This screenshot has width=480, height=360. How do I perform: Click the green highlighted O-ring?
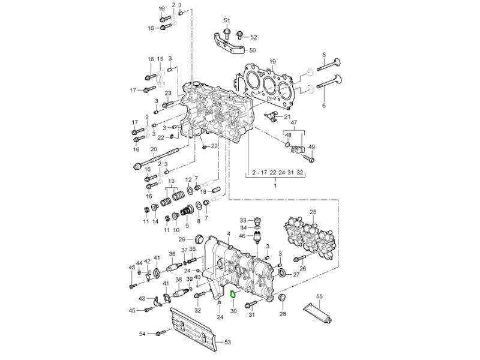click(x=233, y=294)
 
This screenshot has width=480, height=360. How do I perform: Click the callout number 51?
click(x=227, y=21)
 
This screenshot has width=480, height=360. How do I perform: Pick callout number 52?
click(x=253, y=37)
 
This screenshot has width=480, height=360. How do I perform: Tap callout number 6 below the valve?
click(x=324, y=106)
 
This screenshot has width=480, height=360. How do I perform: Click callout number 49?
click(x=312, y=147)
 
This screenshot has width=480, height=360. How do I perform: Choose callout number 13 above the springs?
click(x=171, y=181)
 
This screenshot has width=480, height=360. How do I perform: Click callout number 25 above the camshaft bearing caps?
click(x=313, y=212)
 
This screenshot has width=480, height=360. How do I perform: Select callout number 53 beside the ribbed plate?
click(x=227, y=343)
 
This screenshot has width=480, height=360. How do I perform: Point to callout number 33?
click(x=243, y=220)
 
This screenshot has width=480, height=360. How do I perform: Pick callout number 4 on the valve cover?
click(x=229, y=233)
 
